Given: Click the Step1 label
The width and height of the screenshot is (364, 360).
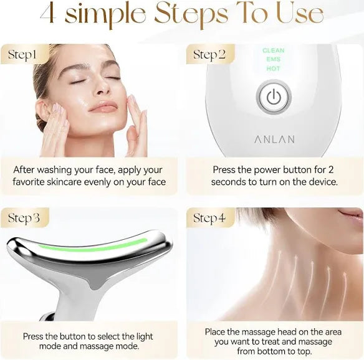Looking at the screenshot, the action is pyautogui.click(x=22, y=55).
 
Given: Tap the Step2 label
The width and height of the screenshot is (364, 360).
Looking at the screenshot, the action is pyautogui.click(x=209, y=55).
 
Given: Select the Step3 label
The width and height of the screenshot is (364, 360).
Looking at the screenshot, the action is pyautogui.click(x=24, y=218).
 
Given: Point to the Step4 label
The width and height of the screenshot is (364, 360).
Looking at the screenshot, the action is pyautogui.click(x=209, y=218).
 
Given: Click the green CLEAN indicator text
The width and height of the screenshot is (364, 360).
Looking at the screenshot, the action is pyautogui.click(x=274, y=50).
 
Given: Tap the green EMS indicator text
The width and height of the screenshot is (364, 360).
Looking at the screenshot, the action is pyautogui.click(x=274, y=59).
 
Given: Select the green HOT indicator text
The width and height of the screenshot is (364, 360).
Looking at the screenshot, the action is pyautogui.click(x=274, y=69).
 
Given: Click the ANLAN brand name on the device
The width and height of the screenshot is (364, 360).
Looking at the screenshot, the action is pyautogui.click(x=274, y=139).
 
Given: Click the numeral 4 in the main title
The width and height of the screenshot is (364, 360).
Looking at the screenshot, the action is pyautogui.click(x=48, y=13).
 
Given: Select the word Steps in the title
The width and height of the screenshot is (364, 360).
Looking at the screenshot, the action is pyautogui.click(x=191, y=14).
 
